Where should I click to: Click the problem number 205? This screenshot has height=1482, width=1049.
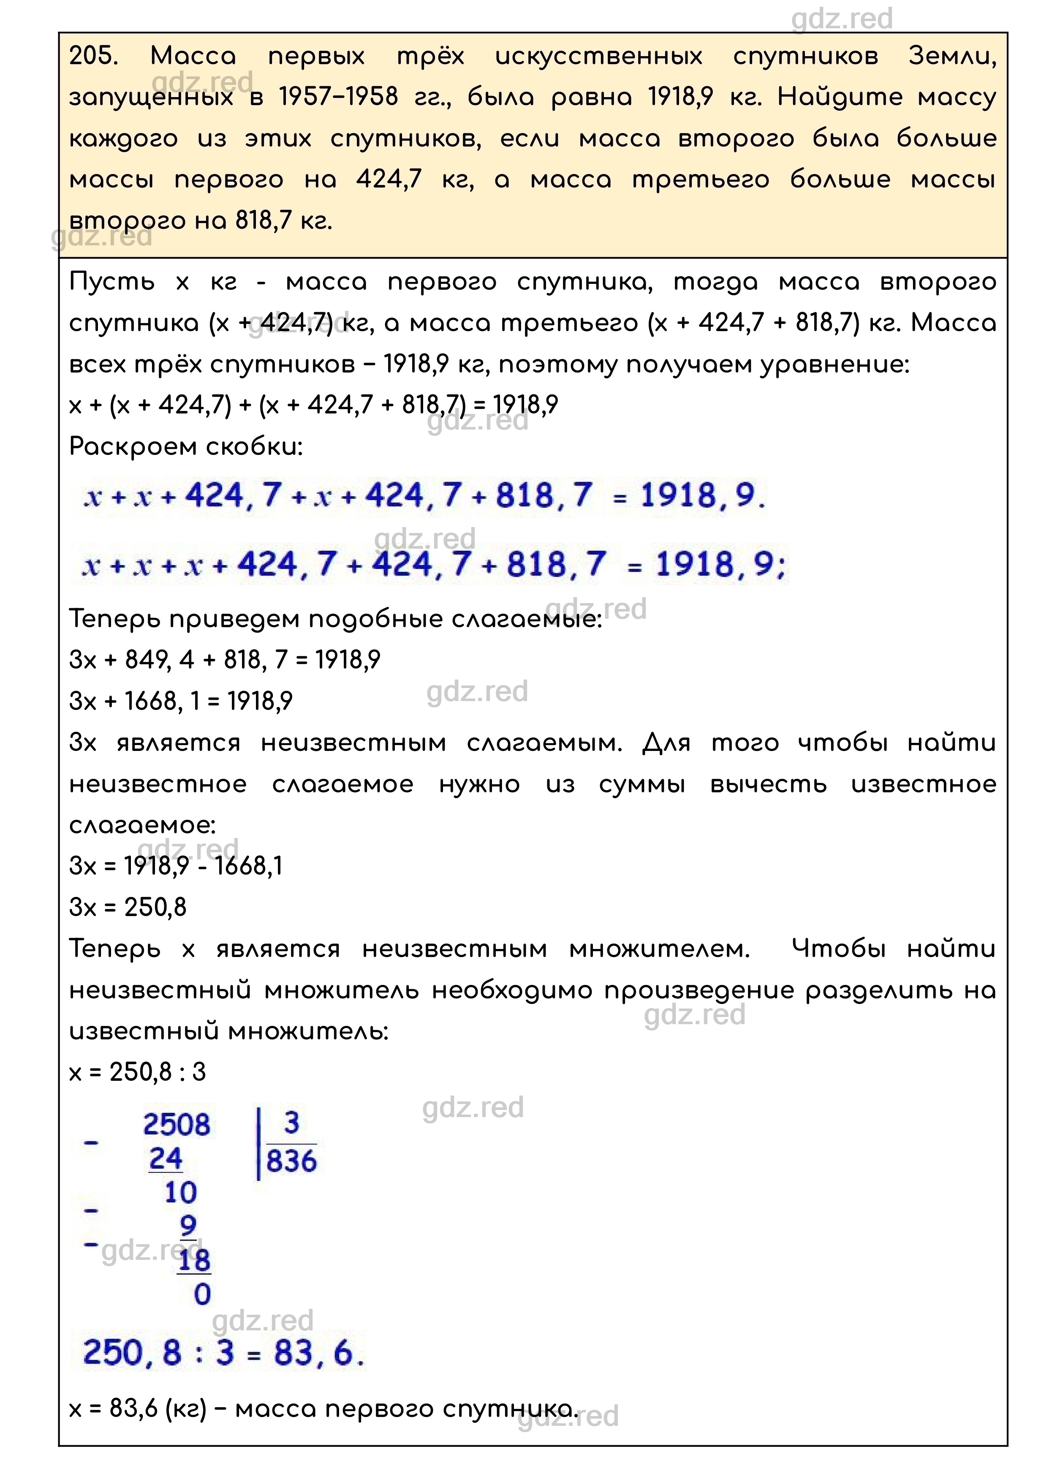tap(94, 56)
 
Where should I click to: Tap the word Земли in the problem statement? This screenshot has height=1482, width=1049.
tap(952, 56)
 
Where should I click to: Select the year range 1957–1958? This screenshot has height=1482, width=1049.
tap(338, 97)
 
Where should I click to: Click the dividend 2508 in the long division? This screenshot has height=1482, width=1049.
tap(177, 1125)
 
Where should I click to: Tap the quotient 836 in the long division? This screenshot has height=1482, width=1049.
tap(291, 1161)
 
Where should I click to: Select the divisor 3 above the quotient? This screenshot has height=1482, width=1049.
tap(291, 1123)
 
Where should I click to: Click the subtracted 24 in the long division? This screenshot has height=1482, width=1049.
tap(166, 1158)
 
